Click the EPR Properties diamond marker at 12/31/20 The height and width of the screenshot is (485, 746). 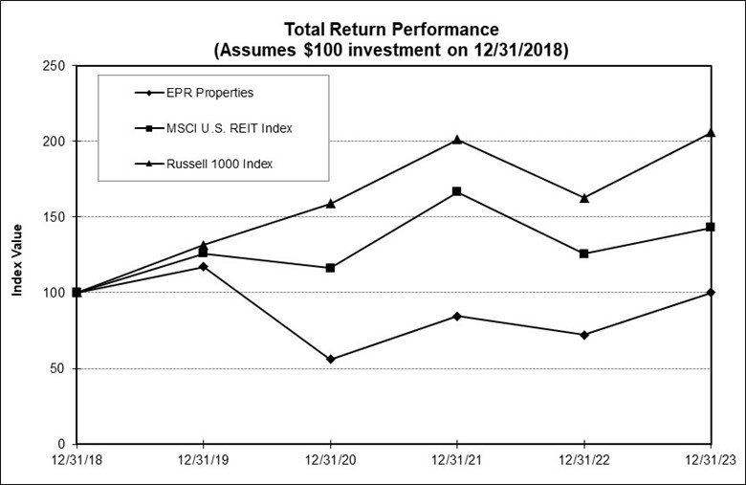331,359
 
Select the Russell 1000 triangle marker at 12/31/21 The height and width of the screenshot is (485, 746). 457,140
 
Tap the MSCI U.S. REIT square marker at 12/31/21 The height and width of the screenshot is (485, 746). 457,191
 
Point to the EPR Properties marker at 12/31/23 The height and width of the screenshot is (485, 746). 711,293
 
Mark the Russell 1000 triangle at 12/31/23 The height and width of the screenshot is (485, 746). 711,133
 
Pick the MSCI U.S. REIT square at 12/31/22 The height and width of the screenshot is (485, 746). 584,254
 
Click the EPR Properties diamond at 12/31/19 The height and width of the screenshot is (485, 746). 204,266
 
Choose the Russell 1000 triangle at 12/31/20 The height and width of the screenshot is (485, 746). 331,203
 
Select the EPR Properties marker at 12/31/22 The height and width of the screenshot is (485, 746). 584,335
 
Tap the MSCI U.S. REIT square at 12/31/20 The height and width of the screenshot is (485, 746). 331,268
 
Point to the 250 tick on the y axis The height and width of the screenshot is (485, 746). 54,66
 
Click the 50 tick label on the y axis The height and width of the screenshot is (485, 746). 57,368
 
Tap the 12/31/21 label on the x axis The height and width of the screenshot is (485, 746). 457,462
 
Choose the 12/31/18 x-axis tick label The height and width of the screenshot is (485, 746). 77,462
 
